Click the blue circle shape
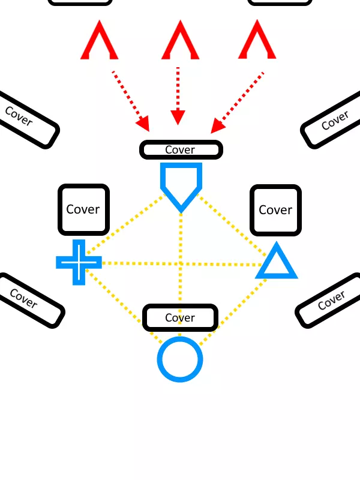coord(180,359)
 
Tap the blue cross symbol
coord(79,262)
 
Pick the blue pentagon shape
coord(181,184)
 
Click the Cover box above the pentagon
coord(181,150)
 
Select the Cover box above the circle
coord(180,317)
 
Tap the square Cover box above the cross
coord(83,209)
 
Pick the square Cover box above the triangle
coord(275,210)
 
